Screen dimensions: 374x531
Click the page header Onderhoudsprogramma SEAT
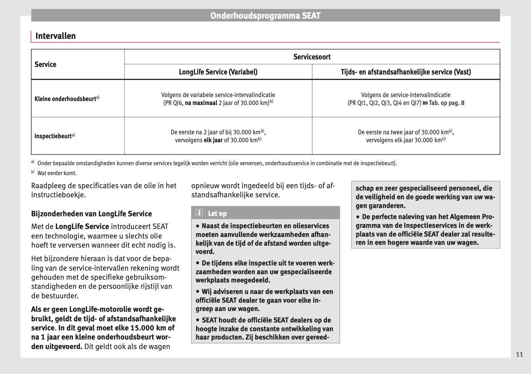[265, 16]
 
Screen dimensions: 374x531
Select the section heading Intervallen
[55, 36]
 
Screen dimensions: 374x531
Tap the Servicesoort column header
[312, 57]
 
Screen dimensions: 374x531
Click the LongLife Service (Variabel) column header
[218, 72]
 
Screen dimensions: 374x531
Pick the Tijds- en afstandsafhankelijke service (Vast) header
[406, 72]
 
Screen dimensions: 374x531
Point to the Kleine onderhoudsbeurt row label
[65, 99]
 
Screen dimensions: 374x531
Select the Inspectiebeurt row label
[53, 136]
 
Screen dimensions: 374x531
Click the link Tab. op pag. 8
[446, 103]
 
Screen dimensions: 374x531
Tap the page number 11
[519, 354]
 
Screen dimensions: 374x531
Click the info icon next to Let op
[199, 213]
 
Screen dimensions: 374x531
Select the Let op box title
[217, 214]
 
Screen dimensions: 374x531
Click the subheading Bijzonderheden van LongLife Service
[91, 214]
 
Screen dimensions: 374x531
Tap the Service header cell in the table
[46, 64]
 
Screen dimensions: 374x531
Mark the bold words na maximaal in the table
[201, 103]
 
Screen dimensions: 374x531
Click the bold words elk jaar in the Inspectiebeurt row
[213, 140]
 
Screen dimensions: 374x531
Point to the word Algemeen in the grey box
[465, 217]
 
